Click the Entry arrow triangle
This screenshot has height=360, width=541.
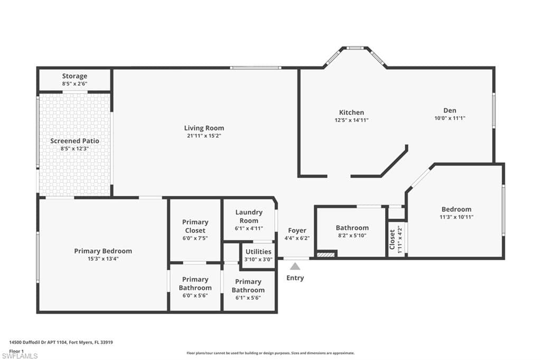point(295,266)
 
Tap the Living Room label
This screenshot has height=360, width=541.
point(204,128)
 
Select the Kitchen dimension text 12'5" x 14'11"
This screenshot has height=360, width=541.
point(351,120)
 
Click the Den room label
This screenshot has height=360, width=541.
point(450,110)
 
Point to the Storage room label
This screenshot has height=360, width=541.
point(74,76)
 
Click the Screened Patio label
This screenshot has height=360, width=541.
point(74,141)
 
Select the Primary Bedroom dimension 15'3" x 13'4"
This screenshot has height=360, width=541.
point(103,259)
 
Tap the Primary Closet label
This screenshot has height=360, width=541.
point(195,226)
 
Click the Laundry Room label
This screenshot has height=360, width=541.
point(249,216)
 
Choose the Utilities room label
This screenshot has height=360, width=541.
point(258,251)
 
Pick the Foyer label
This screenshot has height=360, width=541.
point(297,230)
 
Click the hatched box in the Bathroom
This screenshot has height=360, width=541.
point(326,254)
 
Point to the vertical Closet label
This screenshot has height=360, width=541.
point(392,239)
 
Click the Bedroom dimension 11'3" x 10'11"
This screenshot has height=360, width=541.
point(456,217)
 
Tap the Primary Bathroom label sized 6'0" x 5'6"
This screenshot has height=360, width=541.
point(195,283)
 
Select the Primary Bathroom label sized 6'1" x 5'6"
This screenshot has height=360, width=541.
point(248,286)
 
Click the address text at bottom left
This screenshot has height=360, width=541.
point(61,343)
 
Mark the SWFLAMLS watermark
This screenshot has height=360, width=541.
point(20,356)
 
